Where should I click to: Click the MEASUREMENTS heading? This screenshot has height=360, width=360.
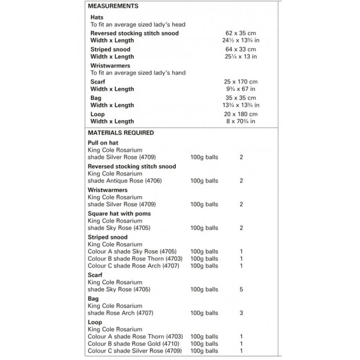pos(113,6)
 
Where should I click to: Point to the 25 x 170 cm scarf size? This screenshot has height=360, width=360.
pos(241,82)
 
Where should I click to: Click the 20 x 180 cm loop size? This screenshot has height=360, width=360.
pos(241,114)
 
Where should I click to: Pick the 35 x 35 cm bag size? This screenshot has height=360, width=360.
pos(241,98)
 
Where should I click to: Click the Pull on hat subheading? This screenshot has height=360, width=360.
pos(103,143)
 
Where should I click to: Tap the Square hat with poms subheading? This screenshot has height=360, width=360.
pos(119,214)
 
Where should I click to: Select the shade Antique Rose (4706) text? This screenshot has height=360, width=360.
pos(125,181)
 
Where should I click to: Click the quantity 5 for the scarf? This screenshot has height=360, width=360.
pos(242,290)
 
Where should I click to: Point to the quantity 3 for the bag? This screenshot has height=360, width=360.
pos(242,313)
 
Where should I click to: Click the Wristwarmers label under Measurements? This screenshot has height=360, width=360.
pos(110,66)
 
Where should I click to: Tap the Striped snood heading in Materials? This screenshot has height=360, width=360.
pos(108,237)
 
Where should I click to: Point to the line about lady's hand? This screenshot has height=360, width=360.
pos(138,73)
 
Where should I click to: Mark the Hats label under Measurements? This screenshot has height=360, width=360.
pos(97,17)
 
